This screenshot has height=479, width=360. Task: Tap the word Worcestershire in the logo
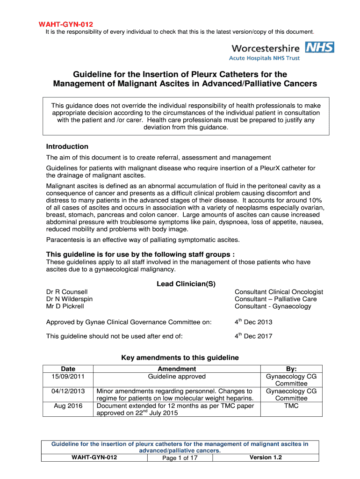[x=266, y=48]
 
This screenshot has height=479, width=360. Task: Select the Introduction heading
[x=67, y=146]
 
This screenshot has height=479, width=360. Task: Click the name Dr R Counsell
[x=67, y=292]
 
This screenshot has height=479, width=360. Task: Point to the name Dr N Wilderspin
[x=69, y=299]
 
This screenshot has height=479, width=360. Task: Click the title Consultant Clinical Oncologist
[x=279, y=292]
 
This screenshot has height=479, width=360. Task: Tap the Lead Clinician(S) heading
[x=186, y=284]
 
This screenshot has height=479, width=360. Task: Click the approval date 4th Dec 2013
[x=253, y=322]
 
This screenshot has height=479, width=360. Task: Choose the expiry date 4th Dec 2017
[x=253, y=336]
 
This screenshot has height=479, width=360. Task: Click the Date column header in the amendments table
[x=68, y=369]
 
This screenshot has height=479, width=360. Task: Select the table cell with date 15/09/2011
[x=68, y=377]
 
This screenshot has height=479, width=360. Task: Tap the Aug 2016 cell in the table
[x=68, y=406]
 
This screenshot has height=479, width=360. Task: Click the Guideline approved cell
[x=177, y=377]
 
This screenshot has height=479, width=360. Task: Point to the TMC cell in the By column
[x=291, y=406]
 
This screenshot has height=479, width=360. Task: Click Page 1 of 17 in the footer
[x=180, y=458]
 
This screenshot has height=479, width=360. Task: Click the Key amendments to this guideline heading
[x=180, y=358]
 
